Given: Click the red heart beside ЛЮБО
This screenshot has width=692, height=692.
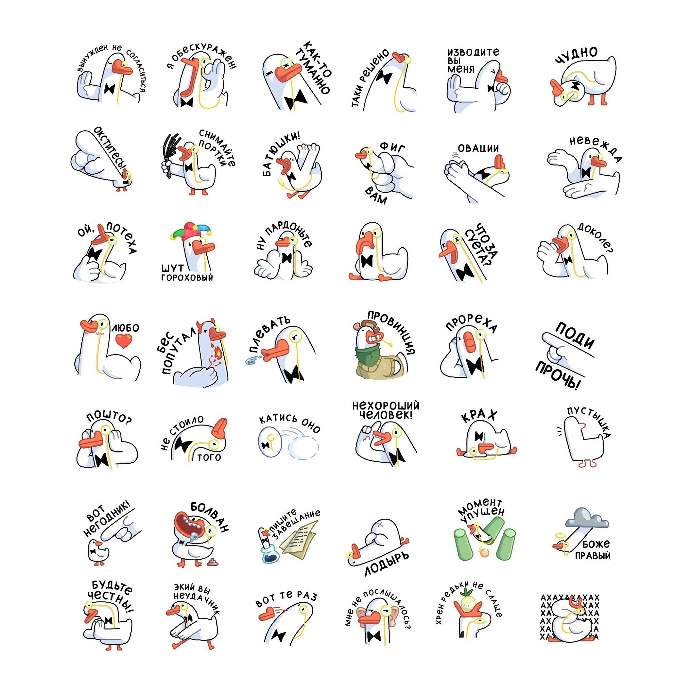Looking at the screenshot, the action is pyautogui.click(x=124, y=341).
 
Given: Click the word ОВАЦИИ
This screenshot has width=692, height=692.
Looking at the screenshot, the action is pyautogui.click(x=478, y=148).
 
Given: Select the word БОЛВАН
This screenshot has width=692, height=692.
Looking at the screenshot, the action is pyautogui.click(x=210, y=517).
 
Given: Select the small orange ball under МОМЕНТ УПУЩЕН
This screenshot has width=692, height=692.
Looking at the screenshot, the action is pyautogui.click(x=485, y=553).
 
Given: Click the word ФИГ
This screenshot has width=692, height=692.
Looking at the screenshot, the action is pyautogui.click(x=392, y=147).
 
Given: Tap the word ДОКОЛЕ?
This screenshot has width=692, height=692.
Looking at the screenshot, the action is pyautogui.click(x=595, y=237).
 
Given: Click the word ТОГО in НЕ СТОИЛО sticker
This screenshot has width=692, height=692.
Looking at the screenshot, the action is pyautogui.click(x=209, y=457).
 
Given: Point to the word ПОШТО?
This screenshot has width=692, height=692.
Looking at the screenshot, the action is pyautogui.click(x=109, y=416).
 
